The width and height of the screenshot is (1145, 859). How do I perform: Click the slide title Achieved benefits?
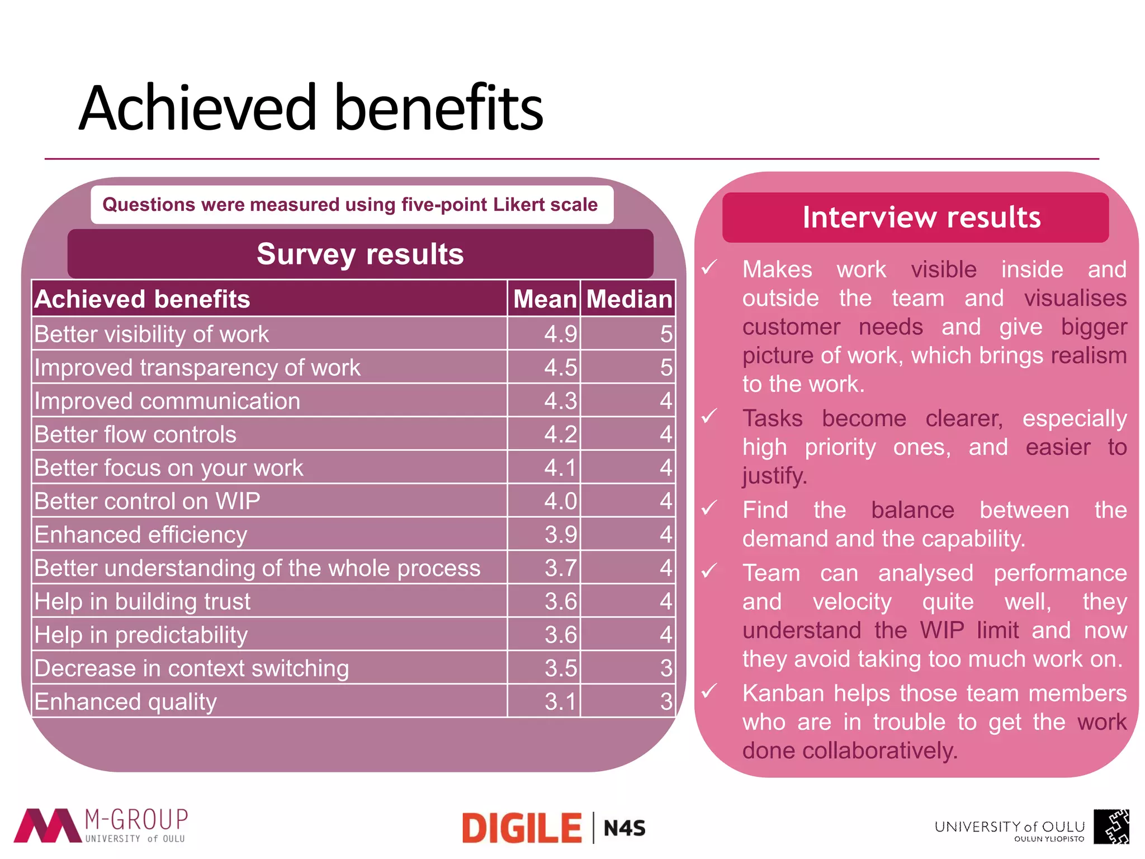pyautogui.click(x=311, y=107)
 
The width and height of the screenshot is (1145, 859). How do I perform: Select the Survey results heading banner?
pyautogui.click(x=360, y=254)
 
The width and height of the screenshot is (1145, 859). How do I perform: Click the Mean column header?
pyautogui.click(x=545, y=299)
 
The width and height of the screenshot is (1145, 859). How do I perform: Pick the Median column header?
pyautogui.click(x=628, y=299)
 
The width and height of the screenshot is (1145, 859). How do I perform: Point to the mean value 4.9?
pyautogui.click(x=560, y=334)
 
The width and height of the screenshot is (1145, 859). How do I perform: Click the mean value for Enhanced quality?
pyautogui.click(x=560, y=701)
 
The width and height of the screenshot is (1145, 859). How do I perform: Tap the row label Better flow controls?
pyautogui.click(x=135, y=435)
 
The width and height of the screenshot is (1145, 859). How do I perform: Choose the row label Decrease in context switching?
pyautogui.click(x=191, y=668)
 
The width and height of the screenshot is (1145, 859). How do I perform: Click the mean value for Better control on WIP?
pyautogui.click(x=560, y=501)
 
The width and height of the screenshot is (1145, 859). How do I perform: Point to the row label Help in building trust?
pyautogui.click(x=143, y=601)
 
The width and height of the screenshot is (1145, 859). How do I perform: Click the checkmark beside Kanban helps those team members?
pyautogui.click(x=709, y=692)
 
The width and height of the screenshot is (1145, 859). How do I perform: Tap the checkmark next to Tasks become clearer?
pyautogui.click(x=709, y=417)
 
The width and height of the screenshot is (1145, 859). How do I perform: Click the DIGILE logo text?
pyautogui.click(x=522, y=828)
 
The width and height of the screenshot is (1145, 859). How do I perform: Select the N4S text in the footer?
pyautogui.click(x=624, y=828)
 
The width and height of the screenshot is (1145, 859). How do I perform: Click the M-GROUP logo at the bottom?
pyautogui.click(x=101, y=825)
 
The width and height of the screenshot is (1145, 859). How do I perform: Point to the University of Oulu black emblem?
pyautogui.click(x=1111, y=826)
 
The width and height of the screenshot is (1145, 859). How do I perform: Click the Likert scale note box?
pyautogui.click(x=352, y=205)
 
